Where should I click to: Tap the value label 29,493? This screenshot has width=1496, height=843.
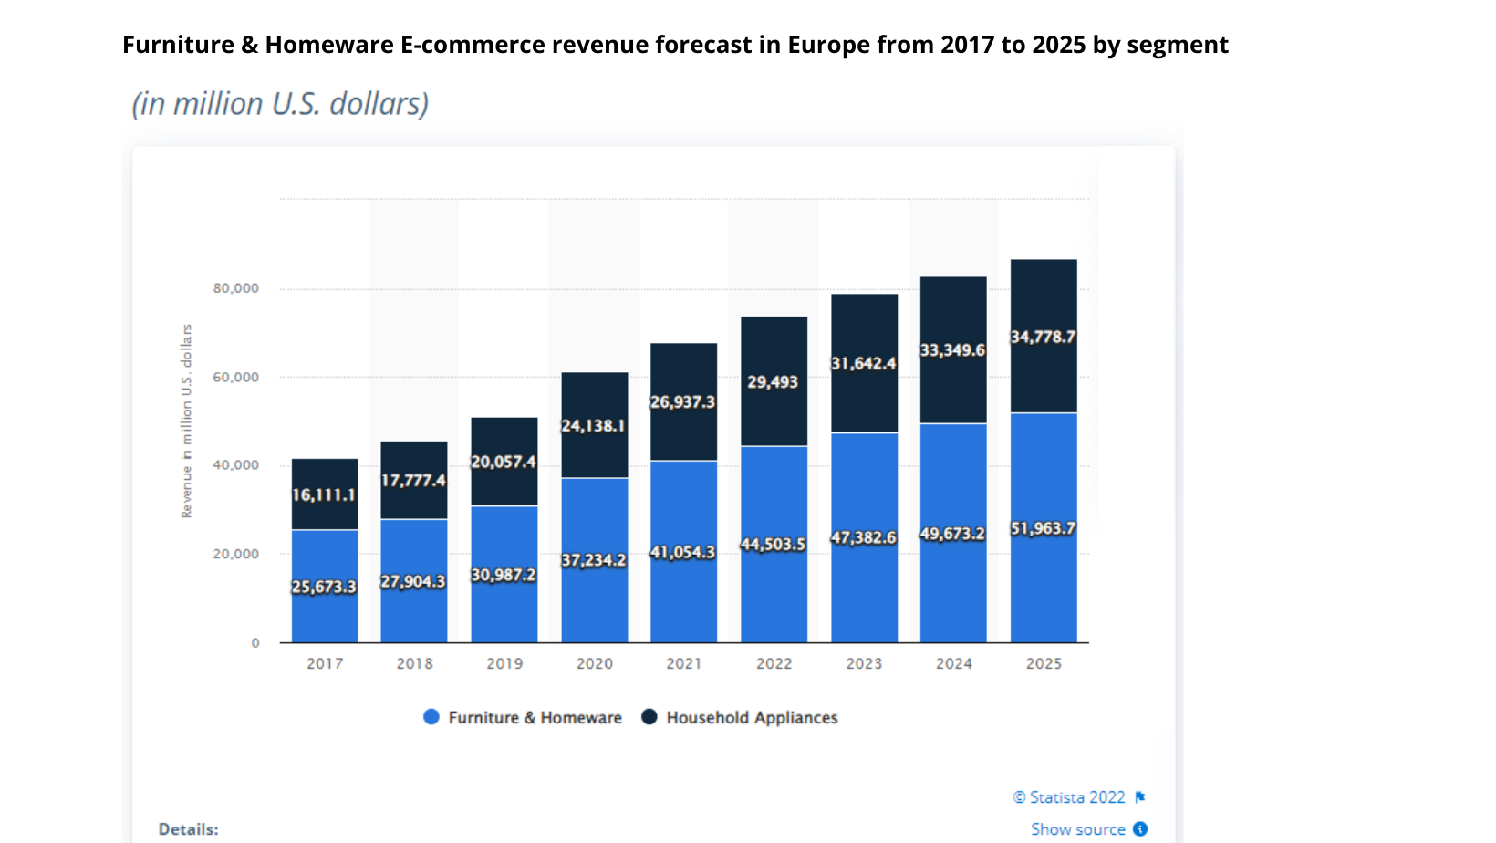pyautogui.click(x=773, y=382)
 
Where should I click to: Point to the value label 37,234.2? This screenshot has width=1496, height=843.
pyautogui.click(x=594, y=560)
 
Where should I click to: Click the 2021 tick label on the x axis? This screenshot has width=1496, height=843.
pyautogui.click(x=684, y=663)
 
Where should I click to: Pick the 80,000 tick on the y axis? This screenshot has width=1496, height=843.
pyautogui.click(x=235, y=288)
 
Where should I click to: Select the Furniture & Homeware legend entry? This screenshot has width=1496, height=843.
pyautogui.click(x=523, y=718)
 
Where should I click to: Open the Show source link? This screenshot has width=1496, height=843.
pyautogui.click(x=1077, y=829)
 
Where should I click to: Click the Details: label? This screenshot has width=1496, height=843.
pyautogui.click(x=189, y=829)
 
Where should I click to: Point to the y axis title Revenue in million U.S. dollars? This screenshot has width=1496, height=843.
pyautogui.click(x=187, y=421)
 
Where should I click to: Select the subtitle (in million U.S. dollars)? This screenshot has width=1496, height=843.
pyautogui.click(x=280, y=104)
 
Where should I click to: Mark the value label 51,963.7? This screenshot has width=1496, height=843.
pyautogui.click(x=1044, y=528)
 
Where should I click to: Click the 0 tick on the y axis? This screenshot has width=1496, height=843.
pyautogui.click(x=255, y=643)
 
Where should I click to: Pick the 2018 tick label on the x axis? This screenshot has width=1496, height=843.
pyautogui.click(x=414, y=663)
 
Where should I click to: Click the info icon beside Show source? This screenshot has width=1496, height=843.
pyautogui.click(x=1140, y=829)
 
